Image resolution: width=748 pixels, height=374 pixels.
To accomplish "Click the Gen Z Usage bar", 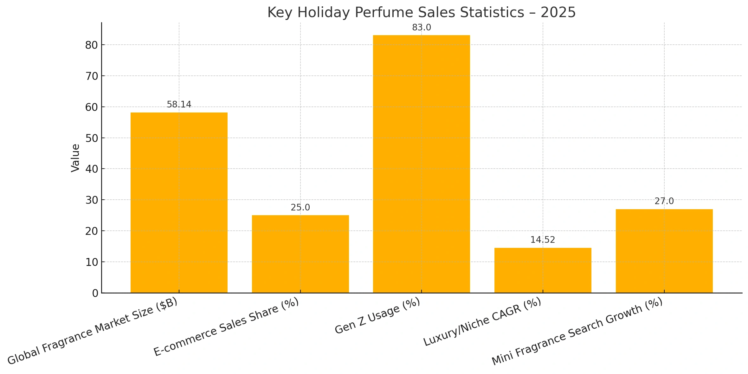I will [421, 164].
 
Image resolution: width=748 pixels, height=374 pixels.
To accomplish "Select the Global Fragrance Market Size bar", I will [179, 203].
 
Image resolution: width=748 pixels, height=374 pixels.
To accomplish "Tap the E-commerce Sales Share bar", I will [300, 254].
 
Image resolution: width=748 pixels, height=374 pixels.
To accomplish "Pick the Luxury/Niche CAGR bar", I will [543, 270].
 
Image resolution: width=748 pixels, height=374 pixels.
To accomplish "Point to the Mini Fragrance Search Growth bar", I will [664, 251].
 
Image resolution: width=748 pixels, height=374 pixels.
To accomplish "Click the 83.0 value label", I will [421, 28].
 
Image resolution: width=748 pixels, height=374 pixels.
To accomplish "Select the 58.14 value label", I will [179, 105].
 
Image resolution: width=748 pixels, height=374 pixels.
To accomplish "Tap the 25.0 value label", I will [300, 208].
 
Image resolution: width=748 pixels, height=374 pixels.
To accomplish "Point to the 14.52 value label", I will [543, 240].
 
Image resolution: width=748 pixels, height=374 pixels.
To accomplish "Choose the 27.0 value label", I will [664, 201].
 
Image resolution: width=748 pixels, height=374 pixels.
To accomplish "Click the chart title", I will [421, 13].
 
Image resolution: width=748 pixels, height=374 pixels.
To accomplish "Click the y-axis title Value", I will [75, 158].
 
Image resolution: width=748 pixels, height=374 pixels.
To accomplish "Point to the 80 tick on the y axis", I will [91, 45].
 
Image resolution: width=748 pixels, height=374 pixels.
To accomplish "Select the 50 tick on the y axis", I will [91, 139].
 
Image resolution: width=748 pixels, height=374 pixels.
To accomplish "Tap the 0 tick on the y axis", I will [95, 293].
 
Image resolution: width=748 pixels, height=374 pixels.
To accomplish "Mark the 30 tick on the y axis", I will [91, 200].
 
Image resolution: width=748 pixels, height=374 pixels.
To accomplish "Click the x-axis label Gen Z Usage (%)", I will [377, 316].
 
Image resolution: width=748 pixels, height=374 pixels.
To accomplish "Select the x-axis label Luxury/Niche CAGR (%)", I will [482, 322].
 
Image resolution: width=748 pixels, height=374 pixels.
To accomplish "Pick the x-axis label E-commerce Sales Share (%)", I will [226, 327].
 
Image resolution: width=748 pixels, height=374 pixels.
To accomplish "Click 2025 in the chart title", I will [558, 13].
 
